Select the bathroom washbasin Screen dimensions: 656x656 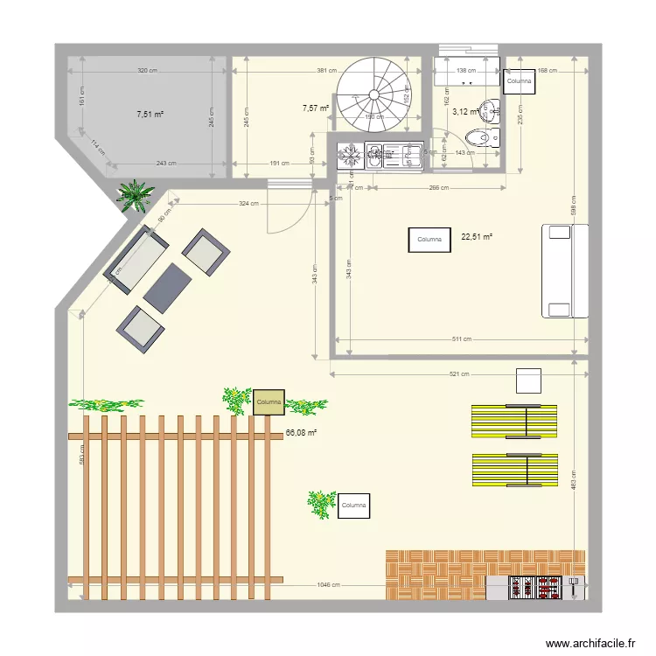click(492, 109)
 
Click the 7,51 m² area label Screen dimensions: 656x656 click(150, 114)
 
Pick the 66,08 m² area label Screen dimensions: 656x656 click(301, 432)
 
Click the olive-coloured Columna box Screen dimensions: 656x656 click(269, 401)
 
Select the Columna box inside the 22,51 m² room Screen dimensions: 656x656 click(429, 240)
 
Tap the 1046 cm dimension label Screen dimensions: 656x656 click(330, 586)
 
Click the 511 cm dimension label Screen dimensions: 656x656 click(462, 339)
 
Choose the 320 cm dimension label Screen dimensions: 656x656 click(147, 71)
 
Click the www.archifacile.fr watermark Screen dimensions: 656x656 click(591, 643)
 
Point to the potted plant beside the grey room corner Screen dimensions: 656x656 click(135, 195)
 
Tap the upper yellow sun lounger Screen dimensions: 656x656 click(514, 421)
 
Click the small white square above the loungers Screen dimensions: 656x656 click(528, 381)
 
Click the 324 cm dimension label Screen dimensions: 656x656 click(248, 204)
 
